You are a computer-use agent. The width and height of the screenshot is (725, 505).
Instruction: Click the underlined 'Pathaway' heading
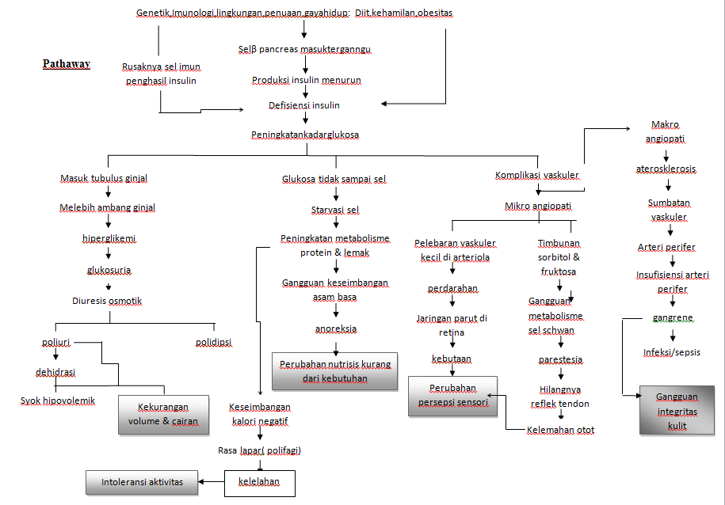pyautogui.click(x=67, y=64)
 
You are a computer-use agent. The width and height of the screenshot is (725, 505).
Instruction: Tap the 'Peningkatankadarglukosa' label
pyautogui.click(x=305, y=135)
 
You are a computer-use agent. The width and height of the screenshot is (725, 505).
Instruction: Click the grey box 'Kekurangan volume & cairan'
pyautogui.click(x=163, y=416)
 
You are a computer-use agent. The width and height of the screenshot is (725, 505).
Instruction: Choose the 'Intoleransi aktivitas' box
pyautogui.click(x=142, y=482)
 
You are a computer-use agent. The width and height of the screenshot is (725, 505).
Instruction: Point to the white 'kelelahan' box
pyautogui.click(x=260, y=482)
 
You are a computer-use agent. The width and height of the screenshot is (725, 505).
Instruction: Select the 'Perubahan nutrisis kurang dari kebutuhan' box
pyautogui.click(x=334, y=372)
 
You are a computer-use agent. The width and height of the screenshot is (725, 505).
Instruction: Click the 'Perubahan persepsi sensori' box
pyautogui.click(x=452, y=395)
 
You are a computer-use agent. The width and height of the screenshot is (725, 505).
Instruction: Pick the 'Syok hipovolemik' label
pyautogui.click(x=58, y=401)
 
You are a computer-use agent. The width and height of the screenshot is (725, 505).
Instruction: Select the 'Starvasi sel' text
pyautogui.click(x=335, y=210)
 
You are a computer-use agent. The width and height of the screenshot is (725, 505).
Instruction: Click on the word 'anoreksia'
pyautogui.click(x=335, y=328)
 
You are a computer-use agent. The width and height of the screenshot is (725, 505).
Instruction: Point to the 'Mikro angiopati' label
pyautogui.click(x=538, y=207)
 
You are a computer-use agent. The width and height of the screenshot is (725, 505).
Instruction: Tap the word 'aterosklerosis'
pyautogui.click(x=667, y=169)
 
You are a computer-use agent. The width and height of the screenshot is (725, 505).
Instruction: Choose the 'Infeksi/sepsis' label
pyautogui.click(x=671, y=352)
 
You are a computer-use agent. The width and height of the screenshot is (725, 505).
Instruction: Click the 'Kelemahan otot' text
pyautogui.click(x=561, y=430)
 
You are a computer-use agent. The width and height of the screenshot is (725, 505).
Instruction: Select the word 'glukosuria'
pyautogui.click(x=109, y=270)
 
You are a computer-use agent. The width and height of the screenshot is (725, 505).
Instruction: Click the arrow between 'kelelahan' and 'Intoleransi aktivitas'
pyautogui.click(x=211, y=481)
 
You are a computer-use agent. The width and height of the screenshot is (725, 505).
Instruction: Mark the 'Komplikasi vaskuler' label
pyautogui.click(x=537, y=175)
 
